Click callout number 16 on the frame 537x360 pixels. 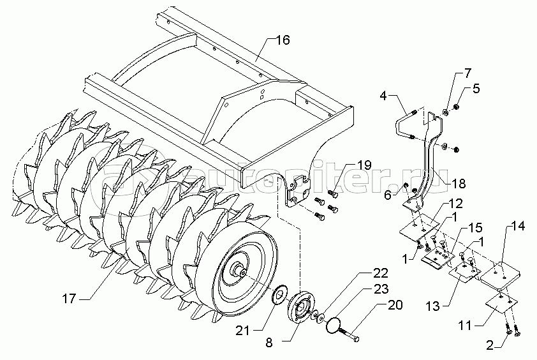point(282,40)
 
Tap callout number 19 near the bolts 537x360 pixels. point(364,165)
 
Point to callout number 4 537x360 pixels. point(383,96)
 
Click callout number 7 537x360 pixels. point(476,89)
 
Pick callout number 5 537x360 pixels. point(387,195)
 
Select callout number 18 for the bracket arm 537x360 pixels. point(467,71)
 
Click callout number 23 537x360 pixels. point(381,288)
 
